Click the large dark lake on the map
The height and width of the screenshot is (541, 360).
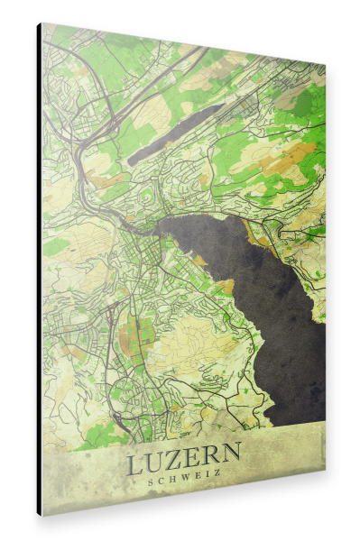click(271, 289)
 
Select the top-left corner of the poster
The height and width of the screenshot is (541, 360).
click(42, 24)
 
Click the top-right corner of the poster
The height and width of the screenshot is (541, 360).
click(325, 65)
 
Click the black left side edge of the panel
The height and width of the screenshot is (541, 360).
click(39, 270)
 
